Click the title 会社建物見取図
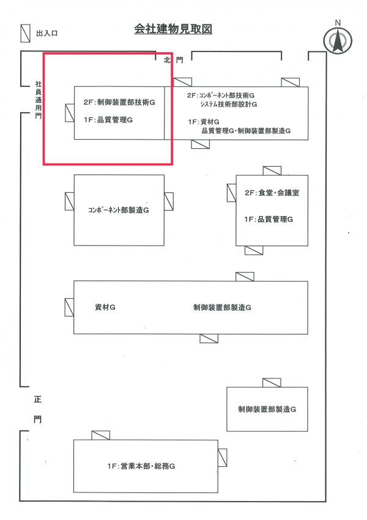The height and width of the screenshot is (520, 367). (173, 29)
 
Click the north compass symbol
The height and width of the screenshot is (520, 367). (336, 40)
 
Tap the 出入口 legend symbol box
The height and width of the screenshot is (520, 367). (26, 32)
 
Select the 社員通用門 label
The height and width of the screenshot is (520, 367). (39, 100)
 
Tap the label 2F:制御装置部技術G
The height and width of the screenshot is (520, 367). (119, 103)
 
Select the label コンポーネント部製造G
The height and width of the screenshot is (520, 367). (119, 209)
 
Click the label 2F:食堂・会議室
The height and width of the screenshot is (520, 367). (272, 192)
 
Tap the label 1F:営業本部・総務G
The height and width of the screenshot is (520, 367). (141, 466)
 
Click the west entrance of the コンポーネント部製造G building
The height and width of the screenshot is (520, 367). (69, 202)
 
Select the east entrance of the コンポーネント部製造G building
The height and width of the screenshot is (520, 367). (169, 202)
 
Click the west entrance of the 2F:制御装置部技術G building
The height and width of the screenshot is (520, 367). (69, 112)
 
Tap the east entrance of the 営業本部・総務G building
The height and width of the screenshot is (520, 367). (222, 457)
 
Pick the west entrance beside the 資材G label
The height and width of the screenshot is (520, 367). (69, 307)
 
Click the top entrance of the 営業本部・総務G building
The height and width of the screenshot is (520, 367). (100, 435)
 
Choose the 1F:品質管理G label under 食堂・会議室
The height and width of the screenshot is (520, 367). (269, 219)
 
